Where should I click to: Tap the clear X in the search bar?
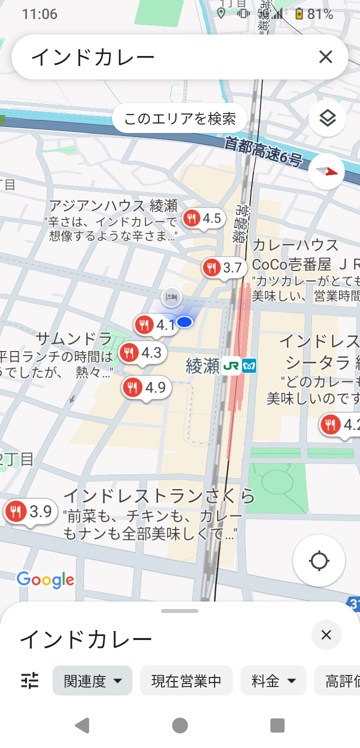coord(325,57)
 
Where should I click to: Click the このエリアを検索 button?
coord(180,118)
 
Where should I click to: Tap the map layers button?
coord(327,118)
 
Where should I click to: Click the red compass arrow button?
coord(326,171)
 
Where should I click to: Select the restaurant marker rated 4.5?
coord(203,218)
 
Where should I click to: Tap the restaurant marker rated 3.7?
coord(224,268)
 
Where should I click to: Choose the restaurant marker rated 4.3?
coord(142,353)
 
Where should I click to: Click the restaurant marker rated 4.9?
coord(146,387)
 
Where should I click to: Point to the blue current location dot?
coord(185,322)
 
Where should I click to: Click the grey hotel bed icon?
coord(171,297)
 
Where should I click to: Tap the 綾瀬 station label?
coord(202,366)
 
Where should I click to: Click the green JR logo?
coord(231,366)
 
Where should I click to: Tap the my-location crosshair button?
coord(319,560)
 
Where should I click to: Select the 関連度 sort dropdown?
coord(92,680)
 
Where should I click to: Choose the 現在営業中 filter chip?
coord(186,680)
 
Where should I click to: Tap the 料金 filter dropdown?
coord(273,680)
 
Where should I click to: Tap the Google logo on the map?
coord(45,579)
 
